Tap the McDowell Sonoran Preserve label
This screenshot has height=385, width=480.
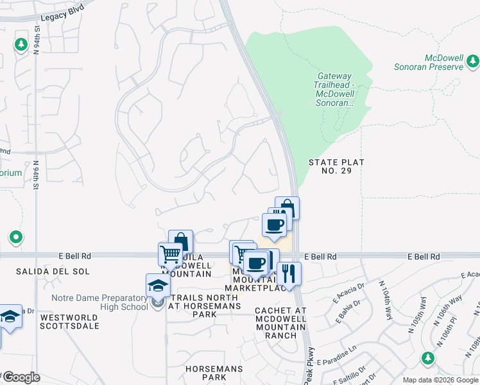tap(429, 62)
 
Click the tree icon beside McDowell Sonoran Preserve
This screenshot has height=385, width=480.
tap(473, 62)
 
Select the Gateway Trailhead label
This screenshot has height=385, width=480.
tap(334, 89)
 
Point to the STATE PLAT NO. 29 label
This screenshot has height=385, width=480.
tap(336, 167)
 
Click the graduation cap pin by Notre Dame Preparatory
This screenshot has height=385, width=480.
tap(158, 287)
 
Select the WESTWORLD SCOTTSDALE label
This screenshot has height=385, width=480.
tap(70, 321)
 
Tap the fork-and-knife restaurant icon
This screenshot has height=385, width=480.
tap(289, 274)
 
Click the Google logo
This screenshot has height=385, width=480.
tap(21, 377)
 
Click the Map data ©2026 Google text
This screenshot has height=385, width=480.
tap(440, 380)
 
